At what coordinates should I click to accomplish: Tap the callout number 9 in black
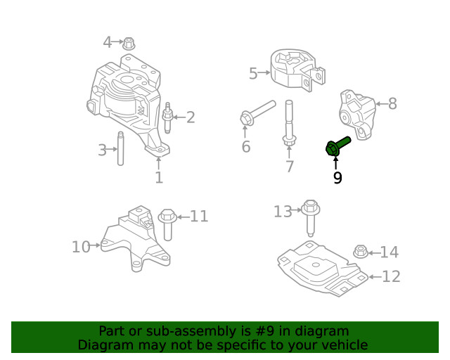pyautogui.click(x=337, y=179)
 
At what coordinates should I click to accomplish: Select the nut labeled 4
pyautogui.click(x=129, y=43)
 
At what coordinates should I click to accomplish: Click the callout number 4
pyautogui.click(x=108, y=42)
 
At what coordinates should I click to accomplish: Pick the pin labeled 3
pyautogui.click(x=120, y=149)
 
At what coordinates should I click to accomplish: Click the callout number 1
pyautogui.click(x=159, y=177)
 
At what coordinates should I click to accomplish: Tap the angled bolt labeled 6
pyautogui.click(x=256, y=113)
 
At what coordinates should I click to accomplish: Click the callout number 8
pyautogui.click(x=392, y=104)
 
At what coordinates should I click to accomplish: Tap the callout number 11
pyautogui.click(x=200, y=216)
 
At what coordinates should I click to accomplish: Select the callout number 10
pyautogui.click(x=81, y=247)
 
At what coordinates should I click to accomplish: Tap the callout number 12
pyautogui.click(x=391, y=276)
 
